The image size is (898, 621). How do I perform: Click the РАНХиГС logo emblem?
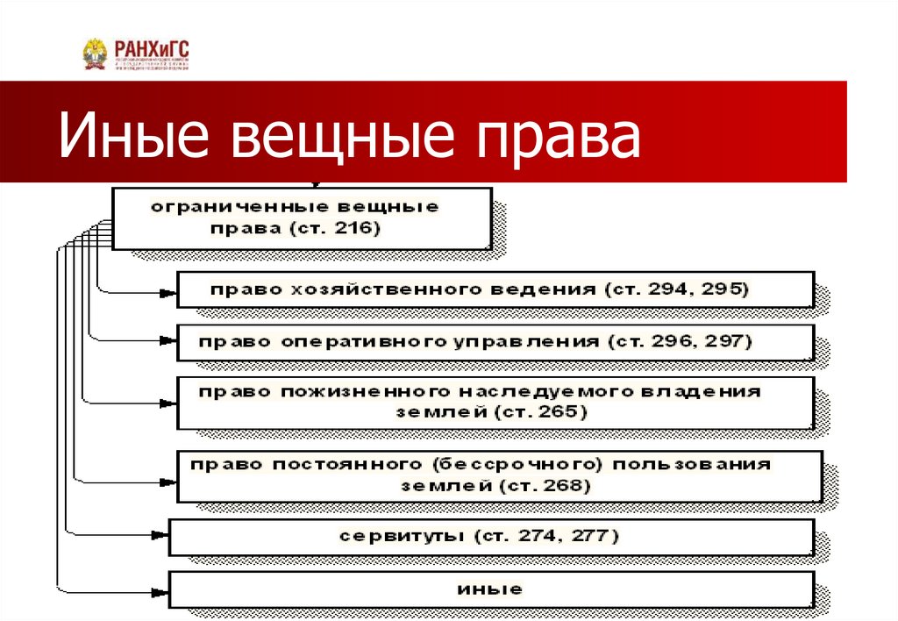[x=95, y=54]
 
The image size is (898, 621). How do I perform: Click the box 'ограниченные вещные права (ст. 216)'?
[x=302, y=218]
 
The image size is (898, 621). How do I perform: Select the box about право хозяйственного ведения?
[x=495, y=289]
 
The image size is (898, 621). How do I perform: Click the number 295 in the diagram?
[x=723, y=289]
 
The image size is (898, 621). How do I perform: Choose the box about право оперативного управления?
[x=495, y=342]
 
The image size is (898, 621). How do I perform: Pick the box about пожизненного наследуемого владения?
[x=495, y=403]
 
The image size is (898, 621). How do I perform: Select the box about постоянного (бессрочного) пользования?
[x=500, y=475]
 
